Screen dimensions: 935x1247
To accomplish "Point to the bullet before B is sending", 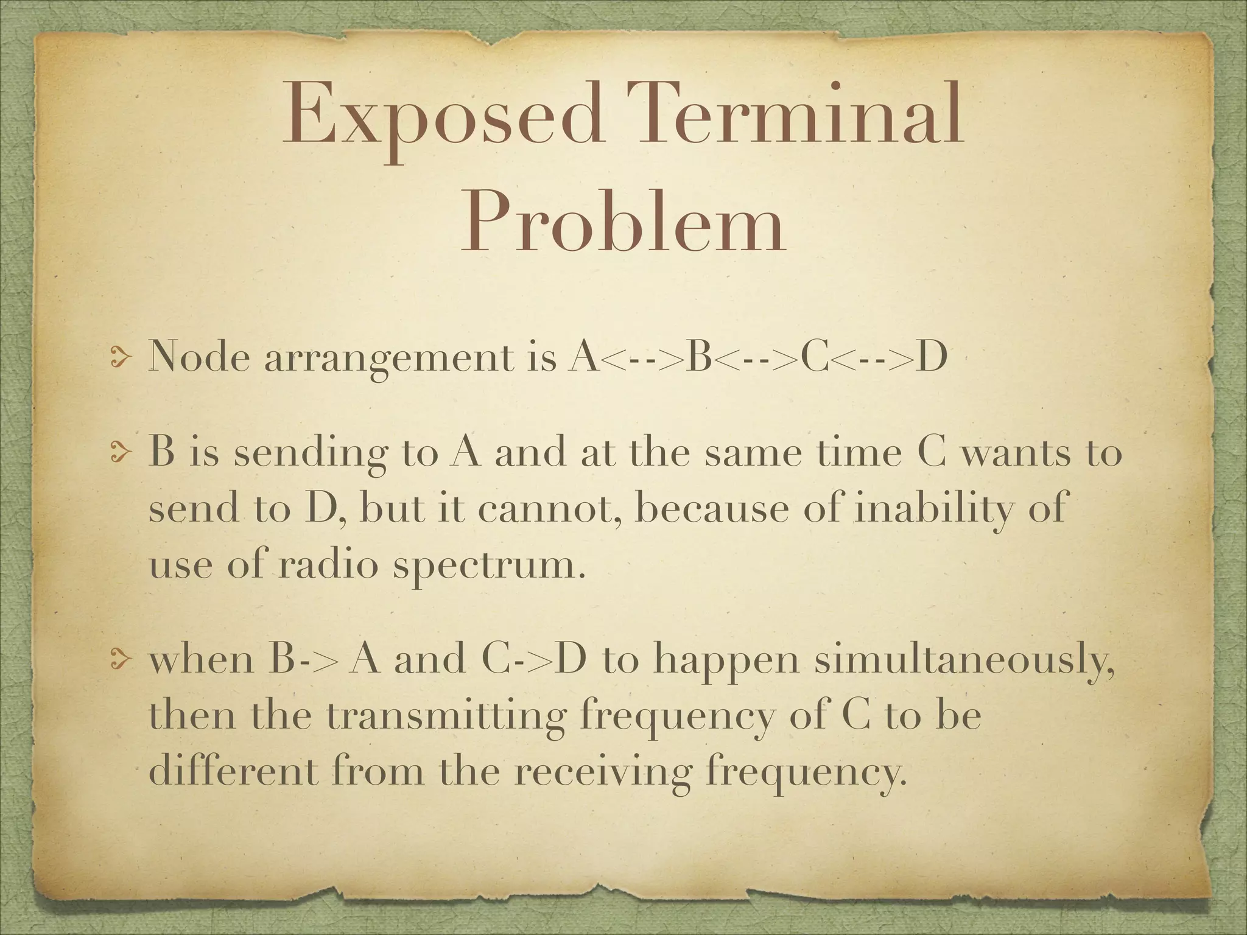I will (x=120, y=456).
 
